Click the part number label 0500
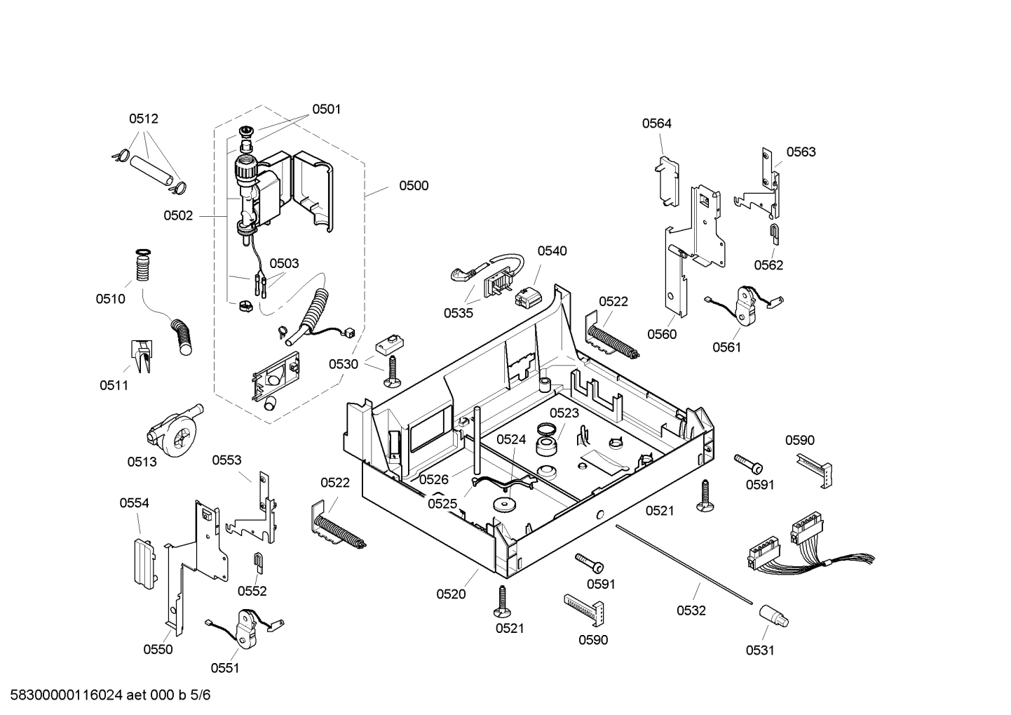click(x=414, y=186)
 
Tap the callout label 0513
click(x=142, y=462)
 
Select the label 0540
click(x=552, y=251)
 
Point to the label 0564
click(x=657, y=123)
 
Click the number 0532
click(x=691, y=611)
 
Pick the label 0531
click(x=760, y=650)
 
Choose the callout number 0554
click(x=134, y=503)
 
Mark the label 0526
click(x=434, y=479)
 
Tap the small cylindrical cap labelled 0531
click(x=773, y=617)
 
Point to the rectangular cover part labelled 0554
click(x=144, y=562)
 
